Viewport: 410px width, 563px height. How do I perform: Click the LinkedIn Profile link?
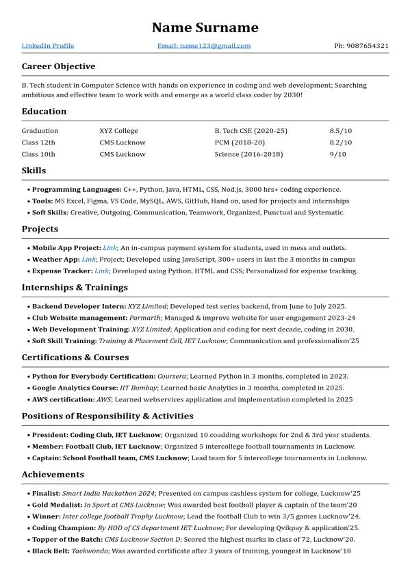click(48, 46)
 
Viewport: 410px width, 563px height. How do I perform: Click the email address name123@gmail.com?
click(204, 46)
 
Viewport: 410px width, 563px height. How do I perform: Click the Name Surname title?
click(205, 27)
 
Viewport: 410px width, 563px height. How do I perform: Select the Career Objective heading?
click(58, 66)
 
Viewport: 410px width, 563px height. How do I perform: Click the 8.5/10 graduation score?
click(340, 131)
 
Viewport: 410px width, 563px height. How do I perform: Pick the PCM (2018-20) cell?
click(239, 142)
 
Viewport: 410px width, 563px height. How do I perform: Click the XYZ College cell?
click(118, 131)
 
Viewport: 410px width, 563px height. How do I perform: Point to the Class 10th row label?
click(38, 154)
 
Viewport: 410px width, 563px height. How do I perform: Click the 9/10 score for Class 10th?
click(337, 154)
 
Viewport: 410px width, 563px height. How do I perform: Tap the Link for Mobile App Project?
click(110, 248)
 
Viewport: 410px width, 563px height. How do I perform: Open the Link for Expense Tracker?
click(101, 271)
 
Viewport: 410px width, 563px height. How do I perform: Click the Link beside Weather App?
click(89, 260)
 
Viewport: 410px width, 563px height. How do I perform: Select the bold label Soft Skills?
click(50, 213)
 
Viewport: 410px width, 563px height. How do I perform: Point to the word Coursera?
click(171, 376)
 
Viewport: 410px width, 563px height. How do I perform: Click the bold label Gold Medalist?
click(56, 505)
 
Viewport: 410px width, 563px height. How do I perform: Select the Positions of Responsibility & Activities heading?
click(107, 416)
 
